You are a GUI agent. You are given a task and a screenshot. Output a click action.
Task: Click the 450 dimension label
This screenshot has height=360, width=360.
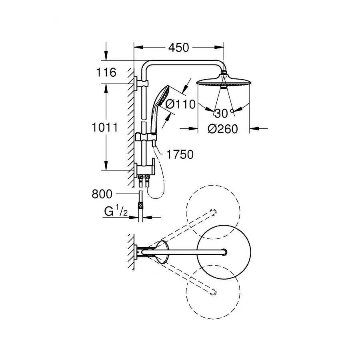point(178,48)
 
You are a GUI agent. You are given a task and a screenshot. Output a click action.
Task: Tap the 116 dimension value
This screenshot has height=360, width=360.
point(106,73)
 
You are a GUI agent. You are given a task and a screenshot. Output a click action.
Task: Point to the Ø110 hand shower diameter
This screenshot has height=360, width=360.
point(180,105)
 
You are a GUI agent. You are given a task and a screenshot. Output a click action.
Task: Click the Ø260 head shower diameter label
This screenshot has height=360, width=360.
point(223,129)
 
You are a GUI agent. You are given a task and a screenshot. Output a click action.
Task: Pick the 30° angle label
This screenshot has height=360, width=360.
point(223,113)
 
